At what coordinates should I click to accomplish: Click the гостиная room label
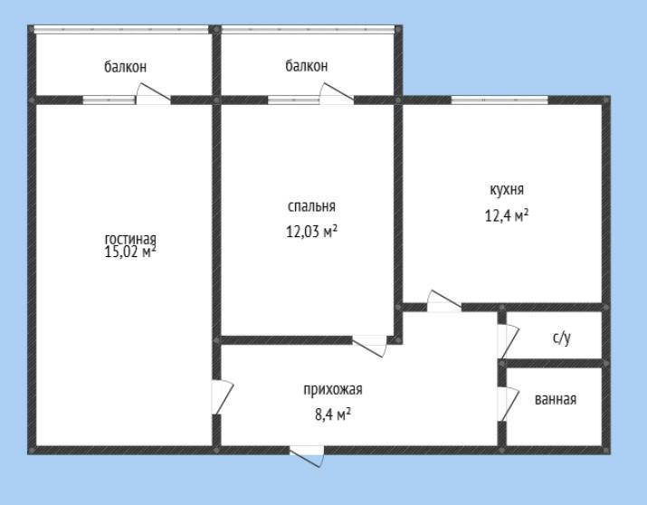pyautogui.click(x=130, y=239)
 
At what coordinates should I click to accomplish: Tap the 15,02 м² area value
pyautogui.click(x=130, y=252)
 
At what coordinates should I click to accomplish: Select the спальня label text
pyautogui.click(x=311, y=206)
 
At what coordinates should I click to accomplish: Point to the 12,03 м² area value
pyautogui.click(x=311, y=232)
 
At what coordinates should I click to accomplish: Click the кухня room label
pyautogui.click(x=507, y=190)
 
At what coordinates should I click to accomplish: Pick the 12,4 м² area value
pyautogui.click(x=507, y=215)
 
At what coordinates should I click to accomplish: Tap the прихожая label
pyautogui.click(x=333, y=390)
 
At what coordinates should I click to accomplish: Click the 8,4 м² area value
pyautogui.click(x=333, y=414)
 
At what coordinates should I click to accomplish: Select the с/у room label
pyautogui.click(x=562, y=338)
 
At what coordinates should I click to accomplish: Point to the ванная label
pyautogui.click(x=556, y=400)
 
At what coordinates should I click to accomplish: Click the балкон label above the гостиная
pyautogui.click(x=125, y=67)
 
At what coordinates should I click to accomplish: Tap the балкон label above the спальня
pyautogui.click(x=307, y=65)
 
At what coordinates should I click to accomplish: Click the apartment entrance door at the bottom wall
pyautogui.click(x=306, y=456)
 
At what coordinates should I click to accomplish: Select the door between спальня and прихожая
pyautogui.click(x=370, y=346)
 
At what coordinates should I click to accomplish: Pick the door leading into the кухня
pyautogui.click(x=444, y=301)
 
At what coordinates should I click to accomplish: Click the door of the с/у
pyautogui.click(x=508, y=341)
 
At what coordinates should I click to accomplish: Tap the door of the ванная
pyautogui.click(x=508, y=404)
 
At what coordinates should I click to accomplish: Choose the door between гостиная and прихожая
pyautogui.click(x=223, y=397)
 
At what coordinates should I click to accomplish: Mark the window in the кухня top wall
pyautogui.click(x=500, y=100)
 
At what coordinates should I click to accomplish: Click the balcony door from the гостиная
pyautogui.click(x=154, y=93)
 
